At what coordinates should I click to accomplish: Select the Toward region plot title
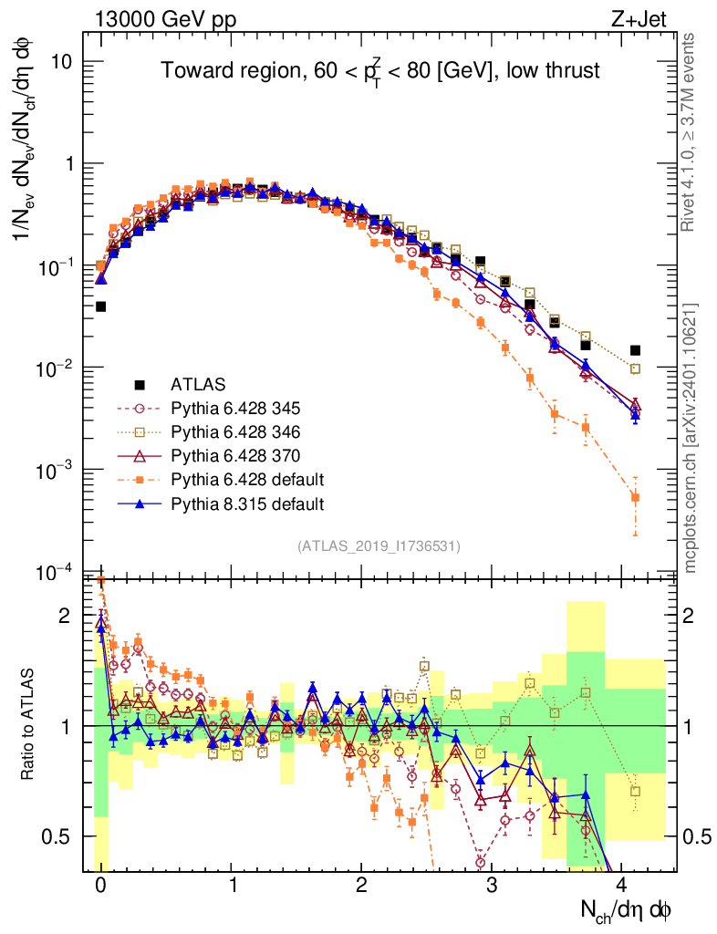click(x=380, y=71)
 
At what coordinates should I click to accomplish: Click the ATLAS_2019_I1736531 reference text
click(x=379, y=546)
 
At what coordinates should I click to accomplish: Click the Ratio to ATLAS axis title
click(x=29, y=725)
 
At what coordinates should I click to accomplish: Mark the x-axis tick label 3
click(x=492, y=886)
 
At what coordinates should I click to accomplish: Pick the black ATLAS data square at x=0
click(x=100, y=306)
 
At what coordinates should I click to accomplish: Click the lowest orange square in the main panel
click(x=635, y=498)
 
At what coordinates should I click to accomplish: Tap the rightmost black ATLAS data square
click(x=635, y=350)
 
